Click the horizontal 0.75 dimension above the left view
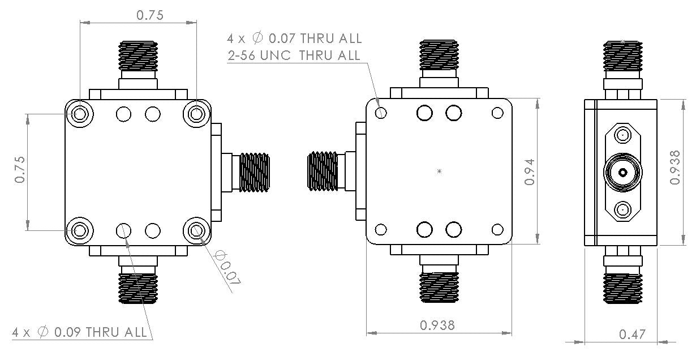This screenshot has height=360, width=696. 149,16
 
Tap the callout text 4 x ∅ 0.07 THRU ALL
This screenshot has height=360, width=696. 294,38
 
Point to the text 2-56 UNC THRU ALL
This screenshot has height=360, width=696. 294,55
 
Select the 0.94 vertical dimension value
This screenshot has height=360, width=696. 530,170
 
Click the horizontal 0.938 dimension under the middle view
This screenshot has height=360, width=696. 437,325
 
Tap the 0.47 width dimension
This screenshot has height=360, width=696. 632,335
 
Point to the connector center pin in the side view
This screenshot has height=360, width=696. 622,173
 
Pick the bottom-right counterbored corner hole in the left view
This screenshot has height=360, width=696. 196,230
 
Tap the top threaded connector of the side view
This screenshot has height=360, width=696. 622,59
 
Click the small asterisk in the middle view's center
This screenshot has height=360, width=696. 440,171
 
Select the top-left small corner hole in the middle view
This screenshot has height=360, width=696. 381,113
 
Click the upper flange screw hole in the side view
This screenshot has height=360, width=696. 622,135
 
